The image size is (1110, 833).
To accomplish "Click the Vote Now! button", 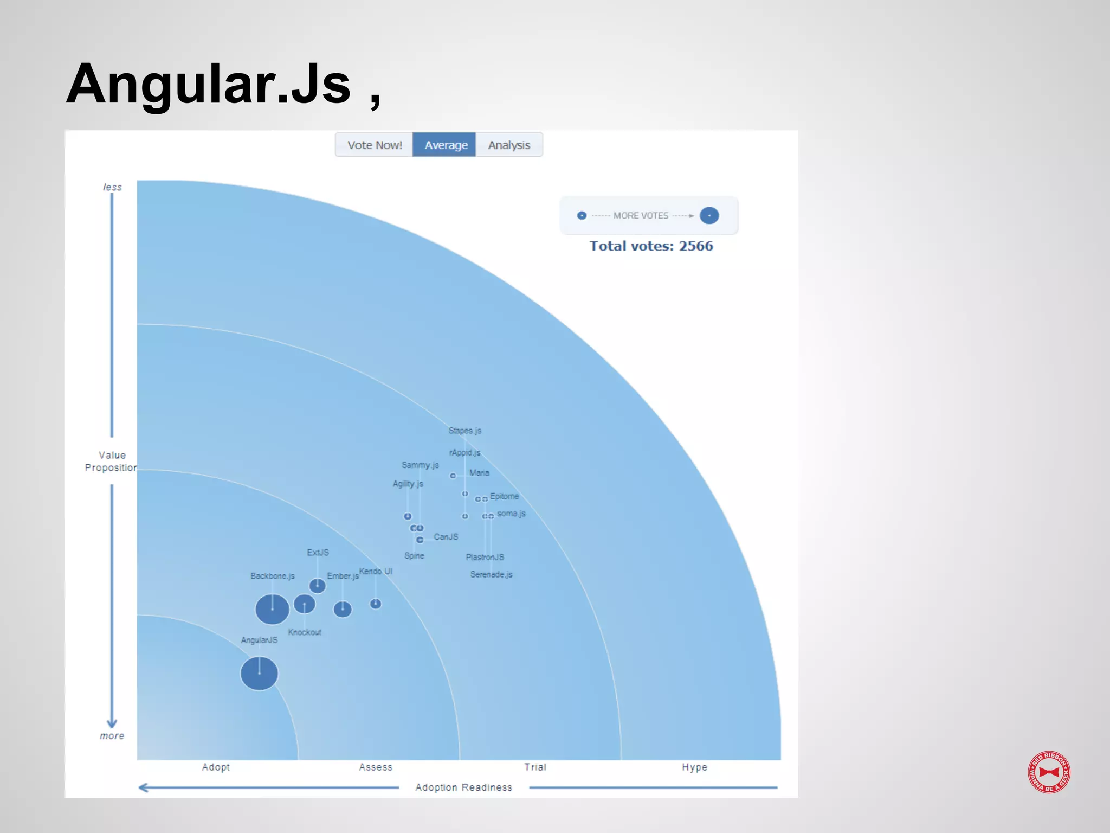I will [x=375, y=145].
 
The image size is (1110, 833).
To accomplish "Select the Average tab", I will [x=446, y=145].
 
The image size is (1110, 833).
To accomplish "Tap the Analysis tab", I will [x=509, y=145].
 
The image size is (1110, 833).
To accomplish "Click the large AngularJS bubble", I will [x=259, y=674].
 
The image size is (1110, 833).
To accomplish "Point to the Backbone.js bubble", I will [x=272, y=610].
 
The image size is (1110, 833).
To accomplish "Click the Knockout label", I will [x=305, y=632].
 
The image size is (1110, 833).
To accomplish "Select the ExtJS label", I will [x=318, y=553].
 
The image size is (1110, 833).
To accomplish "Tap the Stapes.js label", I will [x=465, y=431].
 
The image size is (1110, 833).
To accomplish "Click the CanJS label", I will [x=446, y=537].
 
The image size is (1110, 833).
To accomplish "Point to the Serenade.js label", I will [x=491, y=574].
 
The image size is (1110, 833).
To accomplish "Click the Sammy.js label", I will [x=420, y=465].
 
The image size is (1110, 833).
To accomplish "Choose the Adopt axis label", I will [x=216, y=767].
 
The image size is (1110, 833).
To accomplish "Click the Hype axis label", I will [x=694, y=767].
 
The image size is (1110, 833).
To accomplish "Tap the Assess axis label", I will [x=376, y=767].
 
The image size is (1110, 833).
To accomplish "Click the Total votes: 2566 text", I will [x=651, y=246].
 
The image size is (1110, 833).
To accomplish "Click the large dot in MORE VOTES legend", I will [x=709, y=216].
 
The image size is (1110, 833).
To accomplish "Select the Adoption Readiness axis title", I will [x=463, y=787].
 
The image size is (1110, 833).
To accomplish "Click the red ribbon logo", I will [x=1049, y=772].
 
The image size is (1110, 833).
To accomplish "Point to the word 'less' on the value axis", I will [x=113, y=187].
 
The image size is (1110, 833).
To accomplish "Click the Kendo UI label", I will [x=376, y=571].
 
